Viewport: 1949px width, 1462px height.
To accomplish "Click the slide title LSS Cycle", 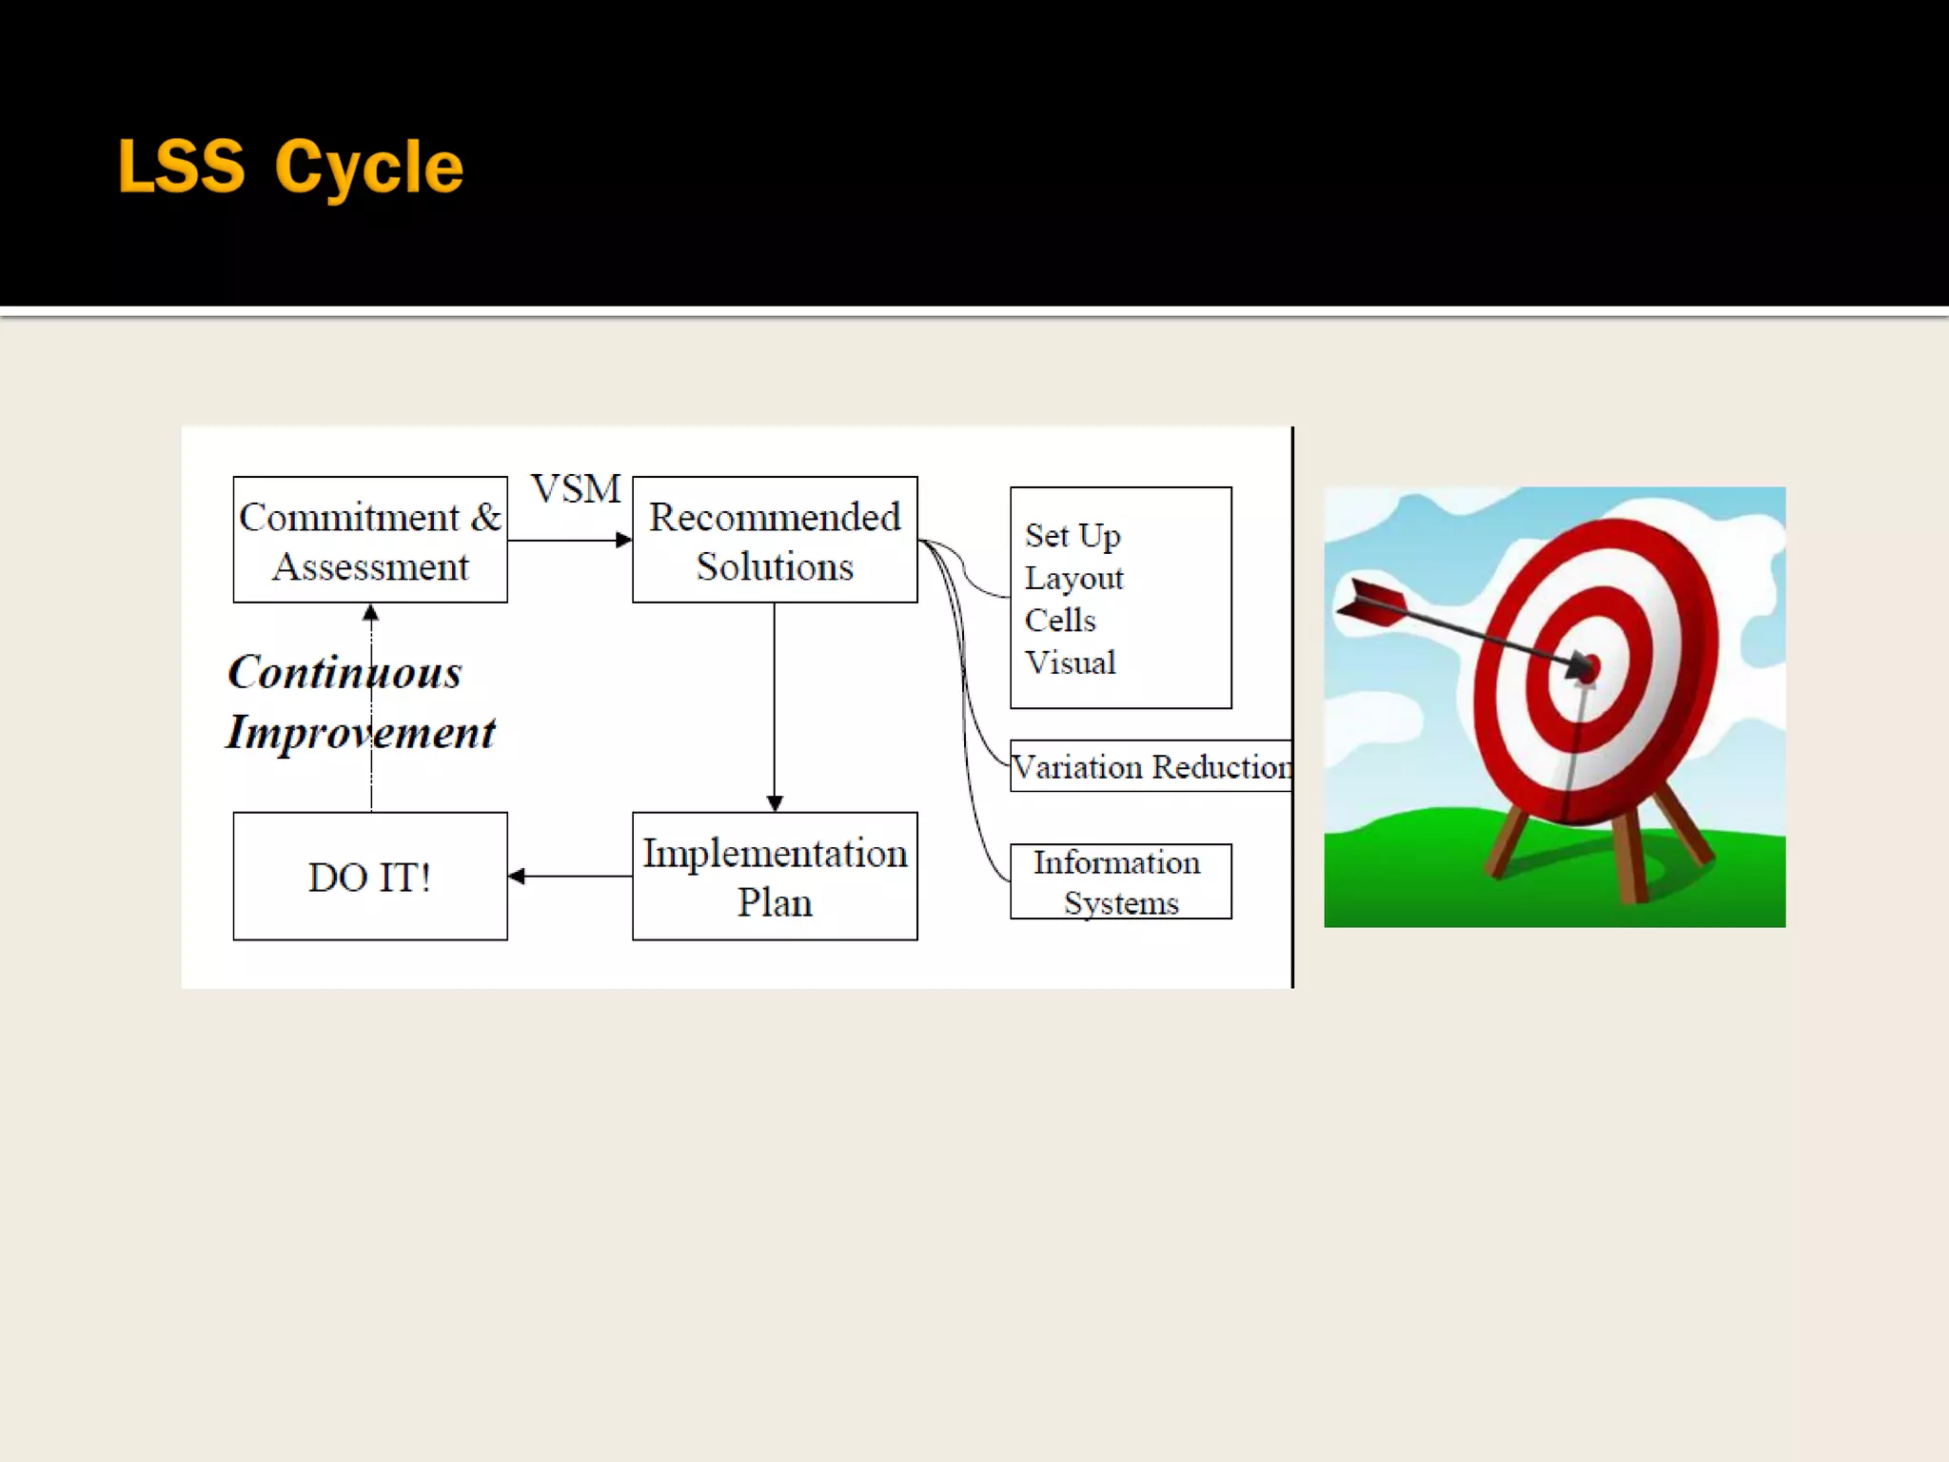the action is click(290, 167).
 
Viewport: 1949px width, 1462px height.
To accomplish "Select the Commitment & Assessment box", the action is click(370, 540).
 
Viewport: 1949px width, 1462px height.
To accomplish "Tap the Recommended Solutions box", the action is click(775, 540).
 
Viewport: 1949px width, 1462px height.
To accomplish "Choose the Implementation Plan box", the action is click(775, 876).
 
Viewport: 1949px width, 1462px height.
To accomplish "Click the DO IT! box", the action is click(370, 876).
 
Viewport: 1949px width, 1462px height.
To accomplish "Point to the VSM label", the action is click(576, 489).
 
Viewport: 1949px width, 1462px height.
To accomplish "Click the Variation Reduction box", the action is click(1151, 766).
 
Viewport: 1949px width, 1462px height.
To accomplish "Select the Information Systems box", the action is click(1120, 881).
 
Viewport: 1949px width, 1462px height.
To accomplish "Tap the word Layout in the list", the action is click(1073, 578).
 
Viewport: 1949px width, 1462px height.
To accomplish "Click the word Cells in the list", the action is click(1060, 620).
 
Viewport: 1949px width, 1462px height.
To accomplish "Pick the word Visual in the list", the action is click(1070, 662).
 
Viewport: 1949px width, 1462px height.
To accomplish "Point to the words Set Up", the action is click(1073, 535).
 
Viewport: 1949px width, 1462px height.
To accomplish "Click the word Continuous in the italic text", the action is click(345, 672).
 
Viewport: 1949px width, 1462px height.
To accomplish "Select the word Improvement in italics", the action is click(361, 732).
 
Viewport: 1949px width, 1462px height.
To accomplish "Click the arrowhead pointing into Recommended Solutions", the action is click(624, 541).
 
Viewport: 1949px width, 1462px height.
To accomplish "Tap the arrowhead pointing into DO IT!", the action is click(517, 876).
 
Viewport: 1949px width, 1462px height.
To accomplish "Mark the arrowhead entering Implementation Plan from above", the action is click(775, 803).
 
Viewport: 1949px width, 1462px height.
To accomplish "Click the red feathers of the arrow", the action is click(1372, 603).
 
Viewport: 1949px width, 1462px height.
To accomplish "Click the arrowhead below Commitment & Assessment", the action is click(371, 613).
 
